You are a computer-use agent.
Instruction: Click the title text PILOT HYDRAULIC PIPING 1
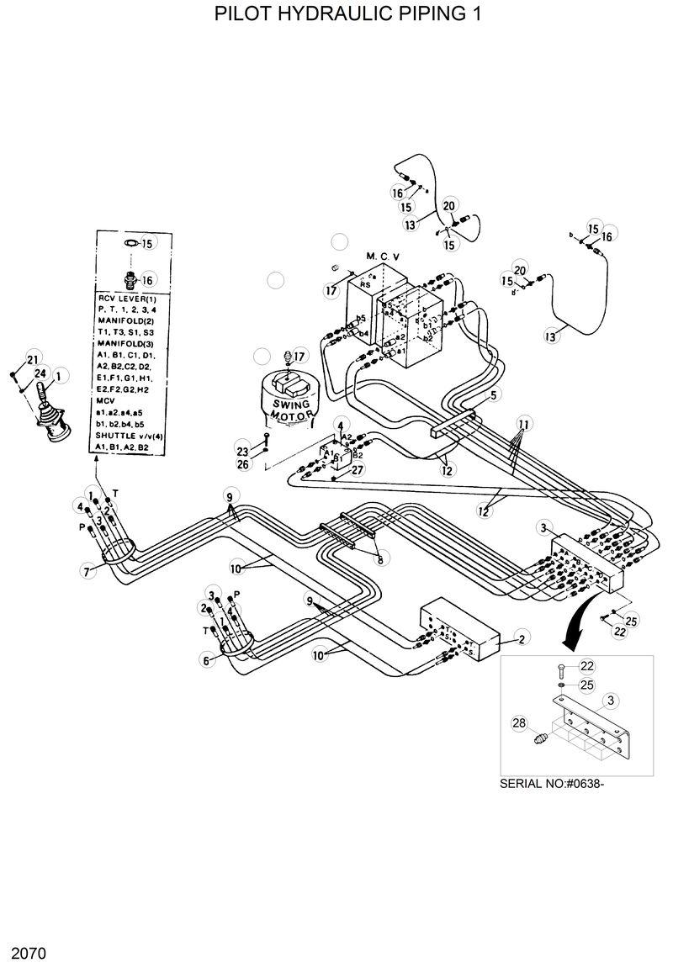click(336, 14)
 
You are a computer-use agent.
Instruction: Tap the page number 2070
click(27, 954)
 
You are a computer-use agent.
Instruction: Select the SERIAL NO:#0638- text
click(553, 784)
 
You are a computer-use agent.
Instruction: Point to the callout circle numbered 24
click(40, 373)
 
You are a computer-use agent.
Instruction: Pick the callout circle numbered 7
click(87, 572)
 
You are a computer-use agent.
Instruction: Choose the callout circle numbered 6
click(204, 661)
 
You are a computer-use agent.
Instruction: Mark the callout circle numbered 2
click(522, 640)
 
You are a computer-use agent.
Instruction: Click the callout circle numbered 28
click(519, 722)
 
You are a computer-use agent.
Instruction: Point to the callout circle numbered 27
click(357, 470)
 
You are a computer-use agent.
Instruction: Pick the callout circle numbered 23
click(243, 452)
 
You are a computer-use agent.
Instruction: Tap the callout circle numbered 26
click(243, 464)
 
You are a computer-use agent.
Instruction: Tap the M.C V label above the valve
click(383, 256)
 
